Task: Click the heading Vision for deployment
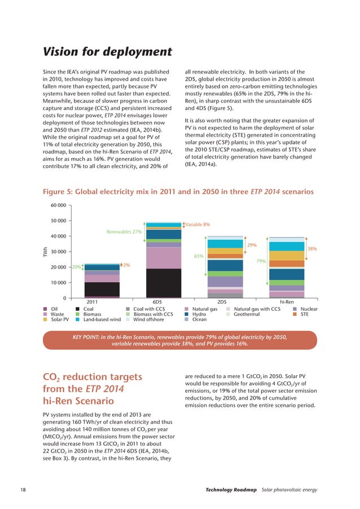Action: [108, 52]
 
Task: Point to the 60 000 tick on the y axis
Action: [59, 205]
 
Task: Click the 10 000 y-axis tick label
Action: [59, 283]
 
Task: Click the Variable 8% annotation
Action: [197, 225]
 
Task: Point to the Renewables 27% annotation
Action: [124, 232]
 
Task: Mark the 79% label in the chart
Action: [261, 261]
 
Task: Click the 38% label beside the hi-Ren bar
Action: [311, 248]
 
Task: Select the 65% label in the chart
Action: [199, 256]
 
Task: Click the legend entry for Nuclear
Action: [309, 309]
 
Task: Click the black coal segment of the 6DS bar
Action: [164, 283]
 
